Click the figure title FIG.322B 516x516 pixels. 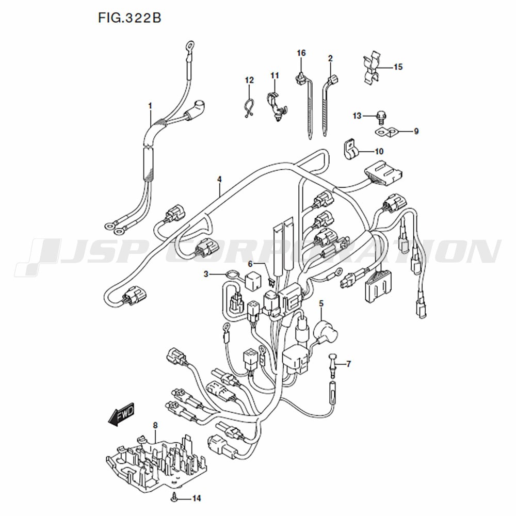coord(130,18)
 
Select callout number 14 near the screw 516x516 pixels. coord(197,498)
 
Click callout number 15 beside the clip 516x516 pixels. coord(398,67)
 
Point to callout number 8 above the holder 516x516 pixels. coord(155,426)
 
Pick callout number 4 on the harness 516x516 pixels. coord(219,180)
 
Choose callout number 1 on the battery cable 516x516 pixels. coord(150,106)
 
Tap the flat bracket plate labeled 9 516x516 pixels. coord(386,132)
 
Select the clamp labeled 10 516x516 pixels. coord(350,150)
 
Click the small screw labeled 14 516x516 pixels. coord(173,499)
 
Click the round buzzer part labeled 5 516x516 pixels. coord(325,333)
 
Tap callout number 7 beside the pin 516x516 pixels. coord(349,364)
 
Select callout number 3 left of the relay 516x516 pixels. coord(206,274)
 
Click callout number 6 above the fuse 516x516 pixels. coord(250,264)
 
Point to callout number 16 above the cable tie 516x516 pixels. coord(301,53)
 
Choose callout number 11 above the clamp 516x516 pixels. coord(275,76)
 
